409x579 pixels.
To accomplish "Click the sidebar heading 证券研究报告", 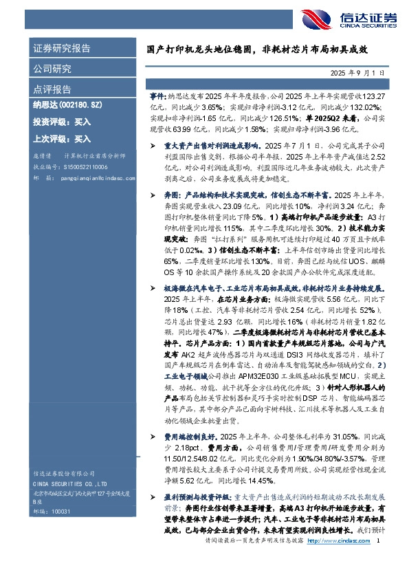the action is pos(61,49).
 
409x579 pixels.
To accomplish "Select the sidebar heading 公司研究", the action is pos(52,69).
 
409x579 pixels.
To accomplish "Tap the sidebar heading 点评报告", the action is pos(52,89).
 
